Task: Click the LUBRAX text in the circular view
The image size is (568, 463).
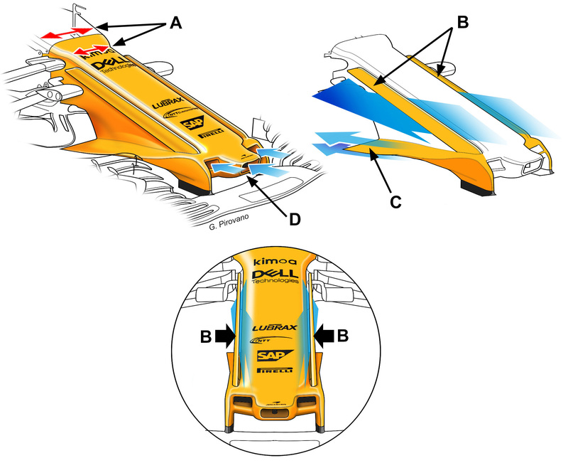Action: [274, 328]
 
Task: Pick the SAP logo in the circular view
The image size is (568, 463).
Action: [273, 355]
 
